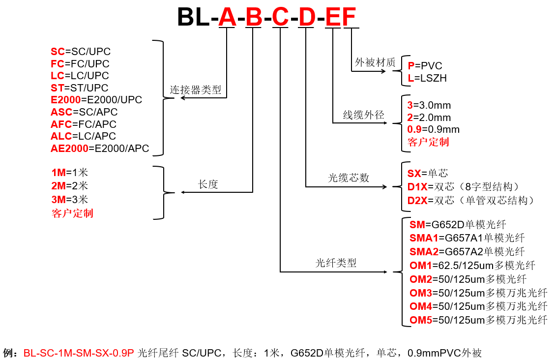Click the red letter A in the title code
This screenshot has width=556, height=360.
coord(227,17)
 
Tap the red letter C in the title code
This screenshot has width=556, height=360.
coord(281,17)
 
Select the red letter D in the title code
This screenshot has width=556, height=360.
coord(307,17)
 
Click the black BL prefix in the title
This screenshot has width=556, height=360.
coord(193,17)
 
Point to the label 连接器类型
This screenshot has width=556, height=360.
coord(195,90)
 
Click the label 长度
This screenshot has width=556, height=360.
coord(208,184)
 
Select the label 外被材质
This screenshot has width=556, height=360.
coord(375,62)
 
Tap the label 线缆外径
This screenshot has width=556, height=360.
coord(363,115)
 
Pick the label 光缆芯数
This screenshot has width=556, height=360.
coord(349,178)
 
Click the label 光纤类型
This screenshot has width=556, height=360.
coord(336,263)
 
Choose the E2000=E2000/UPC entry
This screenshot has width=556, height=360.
coord(96,100)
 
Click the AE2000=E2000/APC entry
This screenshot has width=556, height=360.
coord(100,148)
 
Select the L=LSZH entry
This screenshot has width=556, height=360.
coord(427,78)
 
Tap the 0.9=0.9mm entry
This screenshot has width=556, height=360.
coord(433,129)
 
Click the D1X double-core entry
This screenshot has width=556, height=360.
coord(463,187)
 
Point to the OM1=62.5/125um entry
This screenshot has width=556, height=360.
coord(472,265)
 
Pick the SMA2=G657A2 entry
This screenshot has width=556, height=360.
coord(467,251)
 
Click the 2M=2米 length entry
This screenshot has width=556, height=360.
coord(69,186)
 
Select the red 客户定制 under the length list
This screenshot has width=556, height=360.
coord(72,213)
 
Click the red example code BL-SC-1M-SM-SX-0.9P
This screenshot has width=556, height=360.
coord(79,353)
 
